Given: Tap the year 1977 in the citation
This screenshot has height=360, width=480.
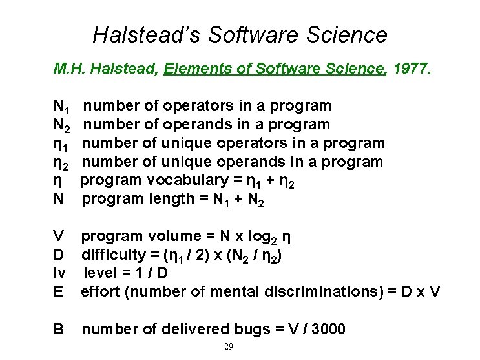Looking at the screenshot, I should coord(410,69).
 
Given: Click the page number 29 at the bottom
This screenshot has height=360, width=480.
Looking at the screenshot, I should coord(228,347).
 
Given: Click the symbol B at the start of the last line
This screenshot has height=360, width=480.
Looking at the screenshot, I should coord(59,329).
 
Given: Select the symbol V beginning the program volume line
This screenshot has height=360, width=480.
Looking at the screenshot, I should coord(59,236).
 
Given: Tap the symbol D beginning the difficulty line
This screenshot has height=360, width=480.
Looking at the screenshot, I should coord(59,255).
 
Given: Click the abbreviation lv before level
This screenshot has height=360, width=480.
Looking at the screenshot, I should coord(58,273).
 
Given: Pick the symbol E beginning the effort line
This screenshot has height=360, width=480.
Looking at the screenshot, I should coord(59,291).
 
